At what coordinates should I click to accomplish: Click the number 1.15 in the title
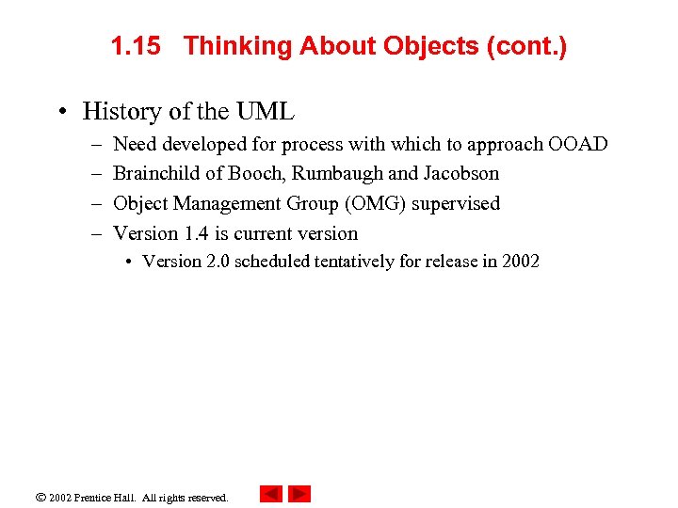click(135, 46)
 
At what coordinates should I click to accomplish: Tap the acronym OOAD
click(578, 144)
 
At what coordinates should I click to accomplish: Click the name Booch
click(257, 174)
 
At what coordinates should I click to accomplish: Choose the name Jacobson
click(461, 174)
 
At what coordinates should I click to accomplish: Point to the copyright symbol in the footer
click(41, 497)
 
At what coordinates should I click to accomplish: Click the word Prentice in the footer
click(99, 498)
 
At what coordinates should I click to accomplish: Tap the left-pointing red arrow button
click(270, 494)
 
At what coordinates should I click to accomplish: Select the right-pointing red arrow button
click(299, 494)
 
